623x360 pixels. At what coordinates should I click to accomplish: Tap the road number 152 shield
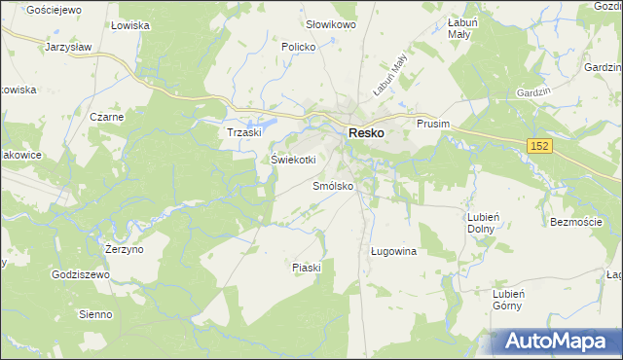542,145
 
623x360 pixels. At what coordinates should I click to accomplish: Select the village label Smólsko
333,186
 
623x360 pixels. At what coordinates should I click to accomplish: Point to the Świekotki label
293,161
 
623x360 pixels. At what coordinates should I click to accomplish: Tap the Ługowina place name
393,251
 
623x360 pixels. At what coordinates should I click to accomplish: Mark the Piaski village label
306,268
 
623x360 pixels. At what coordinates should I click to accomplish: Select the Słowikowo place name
330,23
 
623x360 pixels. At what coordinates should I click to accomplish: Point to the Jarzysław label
68,46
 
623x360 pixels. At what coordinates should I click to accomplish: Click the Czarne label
106,117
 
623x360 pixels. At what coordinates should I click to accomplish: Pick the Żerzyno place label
124,249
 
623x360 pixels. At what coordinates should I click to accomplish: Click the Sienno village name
96,314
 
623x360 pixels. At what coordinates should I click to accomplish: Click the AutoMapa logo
555,342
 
